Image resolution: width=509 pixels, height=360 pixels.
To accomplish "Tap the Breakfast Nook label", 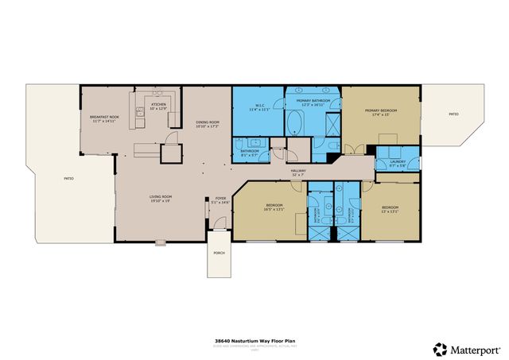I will click(103, 118).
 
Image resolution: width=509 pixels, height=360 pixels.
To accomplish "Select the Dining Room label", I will click(208, 122).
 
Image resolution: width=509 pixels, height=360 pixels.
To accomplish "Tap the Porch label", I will click(219, 254).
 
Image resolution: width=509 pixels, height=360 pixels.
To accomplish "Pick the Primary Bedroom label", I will click(379, 110).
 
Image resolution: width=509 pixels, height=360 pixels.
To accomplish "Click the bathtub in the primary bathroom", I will click(295, 123).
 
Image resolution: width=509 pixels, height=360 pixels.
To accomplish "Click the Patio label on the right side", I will click(453, 114).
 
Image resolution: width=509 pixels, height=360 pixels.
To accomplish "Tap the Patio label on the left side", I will click(68, 179).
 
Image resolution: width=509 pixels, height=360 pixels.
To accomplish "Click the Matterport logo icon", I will click(440, 349).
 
